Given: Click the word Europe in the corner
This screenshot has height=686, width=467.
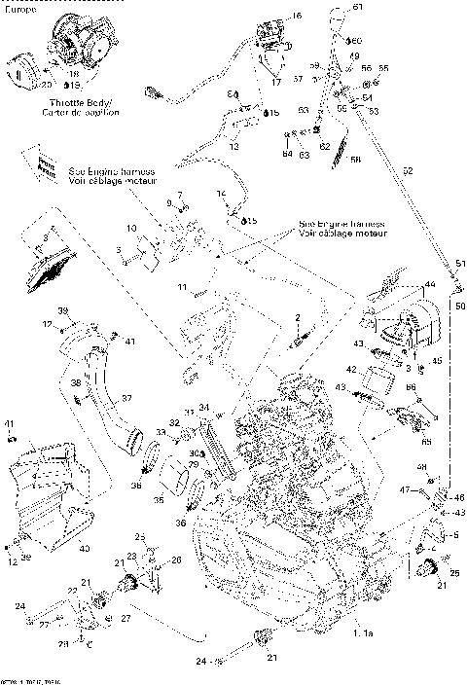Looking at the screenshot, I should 21,8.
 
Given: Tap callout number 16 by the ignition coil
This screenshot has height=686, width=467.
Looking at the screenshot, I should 297,17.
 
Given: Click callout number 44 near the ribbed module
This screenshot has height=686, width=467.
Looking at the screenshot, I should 428,284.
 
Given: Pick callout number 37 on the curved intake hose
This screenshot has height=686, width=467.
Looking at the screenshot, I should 126,399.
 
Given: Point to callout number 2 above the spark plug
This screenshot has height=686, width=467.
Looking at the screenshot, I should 298,318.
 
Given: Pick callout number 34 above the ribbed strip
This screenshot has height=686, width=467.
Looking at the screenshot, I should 203,407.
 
